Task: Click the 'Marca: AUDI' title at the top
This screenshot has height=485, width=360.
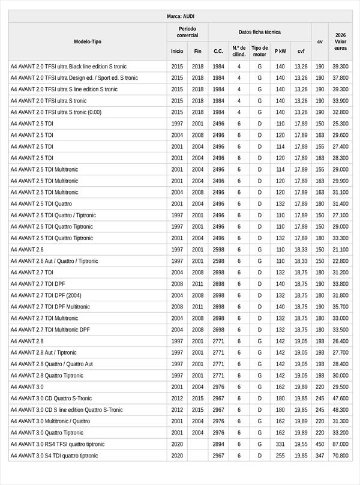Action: click(180, 16)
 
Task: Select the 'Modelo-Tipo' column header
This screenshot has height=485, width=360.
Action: click(88, 41)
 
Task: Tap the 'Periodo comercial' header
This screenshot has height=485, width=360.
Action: click(187, 32)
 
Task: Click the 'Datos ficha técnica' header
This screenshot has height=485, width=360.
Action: click(259, 32)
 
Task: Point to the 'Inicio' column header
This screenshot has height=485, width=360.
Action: click(177, 51)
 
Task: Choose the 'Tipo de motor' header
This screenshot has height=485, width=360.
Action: click(259, 51)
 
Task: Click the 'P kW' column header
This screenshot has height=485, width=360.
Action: click(280, 51)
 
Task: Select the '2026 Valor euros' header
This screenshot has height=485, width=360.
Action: click(340, 41)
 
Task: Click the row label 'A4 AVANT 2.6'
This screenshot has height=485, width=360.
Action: click(27, 250)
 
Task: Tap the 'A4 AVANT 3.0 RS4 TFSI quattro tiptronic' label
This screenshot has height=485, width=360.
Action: click(57, 444)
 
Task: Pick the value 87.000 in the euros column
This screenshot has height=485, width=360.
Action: click(340, 444)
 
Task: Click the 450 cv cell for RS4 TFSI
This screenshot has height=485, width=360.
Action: click(320, 444)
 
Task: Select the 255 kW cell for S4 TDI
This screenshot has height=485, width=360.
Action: click(280, 456)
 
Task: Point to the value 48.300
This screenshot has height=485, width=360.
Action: click(340, 410)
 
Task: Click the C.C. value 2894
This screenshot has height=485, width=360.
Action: click(218, 444)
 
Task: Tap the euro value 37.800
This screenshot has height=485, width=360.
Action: click(340, 78)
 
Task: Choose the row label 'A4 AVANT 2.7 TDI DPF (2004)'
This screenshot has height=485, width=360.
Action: click(46, 295)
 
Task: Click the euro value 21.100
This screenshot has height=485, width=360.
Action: click(340, 250)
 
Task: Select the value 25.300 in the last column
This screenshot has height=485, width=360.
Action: click(340, 124)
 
